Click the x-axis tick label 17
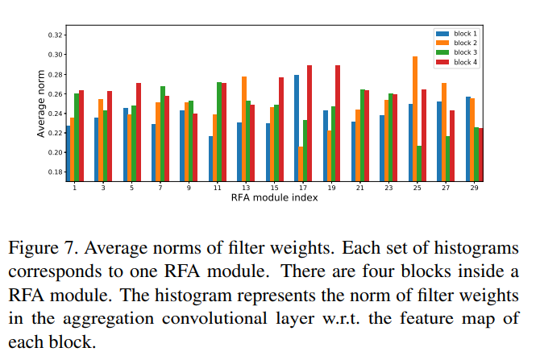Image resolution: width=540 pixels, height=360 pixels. click(x=303, y=188)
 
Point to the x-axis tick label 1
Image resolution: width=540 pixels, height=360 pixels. click(x=75, y=188)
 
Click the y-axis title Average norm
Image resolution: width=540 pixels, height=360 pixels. click(x=40, y=104)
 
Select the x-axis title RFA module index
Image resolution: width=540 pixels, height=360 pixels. click(x=275, y=198)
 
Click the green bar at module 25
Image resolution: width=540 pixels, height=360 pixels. click(x=419, y=163)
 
